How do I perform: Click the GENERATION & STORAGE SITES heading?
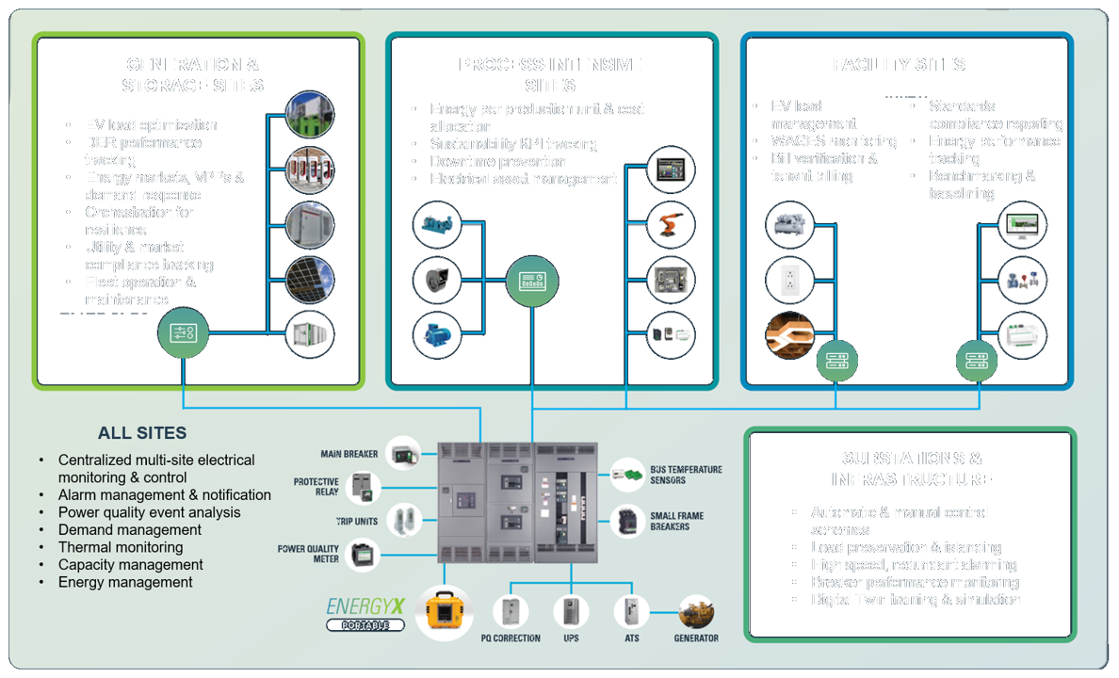point(192,75)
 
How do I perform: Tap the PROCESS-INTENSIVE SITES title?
point(550,75)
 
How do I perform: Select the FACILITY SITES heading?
point(899,65)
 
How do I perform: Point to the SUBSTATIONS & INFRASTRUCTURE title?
point(911,469)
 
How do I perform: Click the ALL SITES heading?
point(142,434)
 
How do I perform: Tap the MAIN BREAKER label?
point(349,455)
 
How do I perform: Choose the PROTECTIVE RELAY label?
point(316,487)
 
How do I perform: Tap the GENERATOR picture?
point(696,613)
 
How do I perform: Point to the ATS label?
point(631,638)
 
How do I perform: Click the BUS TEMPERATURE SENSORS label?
point(686,475)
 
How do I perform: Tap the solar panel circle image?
point(310,280)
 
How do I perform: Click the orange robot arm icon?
point(672,224)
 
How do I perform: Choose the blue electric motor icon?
point(436,334)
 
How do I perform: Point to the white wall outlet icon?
point(790,280)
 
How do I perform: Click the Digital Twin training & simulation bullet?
point(916,600)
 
